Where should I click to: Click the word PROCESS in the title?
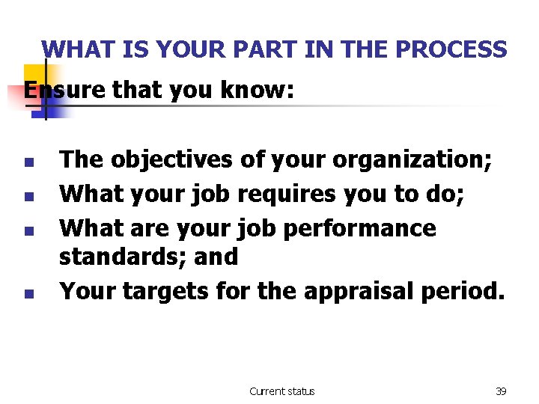coord(451,49)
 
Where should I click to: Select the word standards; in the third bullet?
coord(122,256)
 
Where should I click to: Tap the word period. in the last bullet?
coord(463,290)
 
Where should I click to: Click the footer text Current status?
coord(281,391)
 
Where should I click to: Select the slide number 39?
coord(501,391)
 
